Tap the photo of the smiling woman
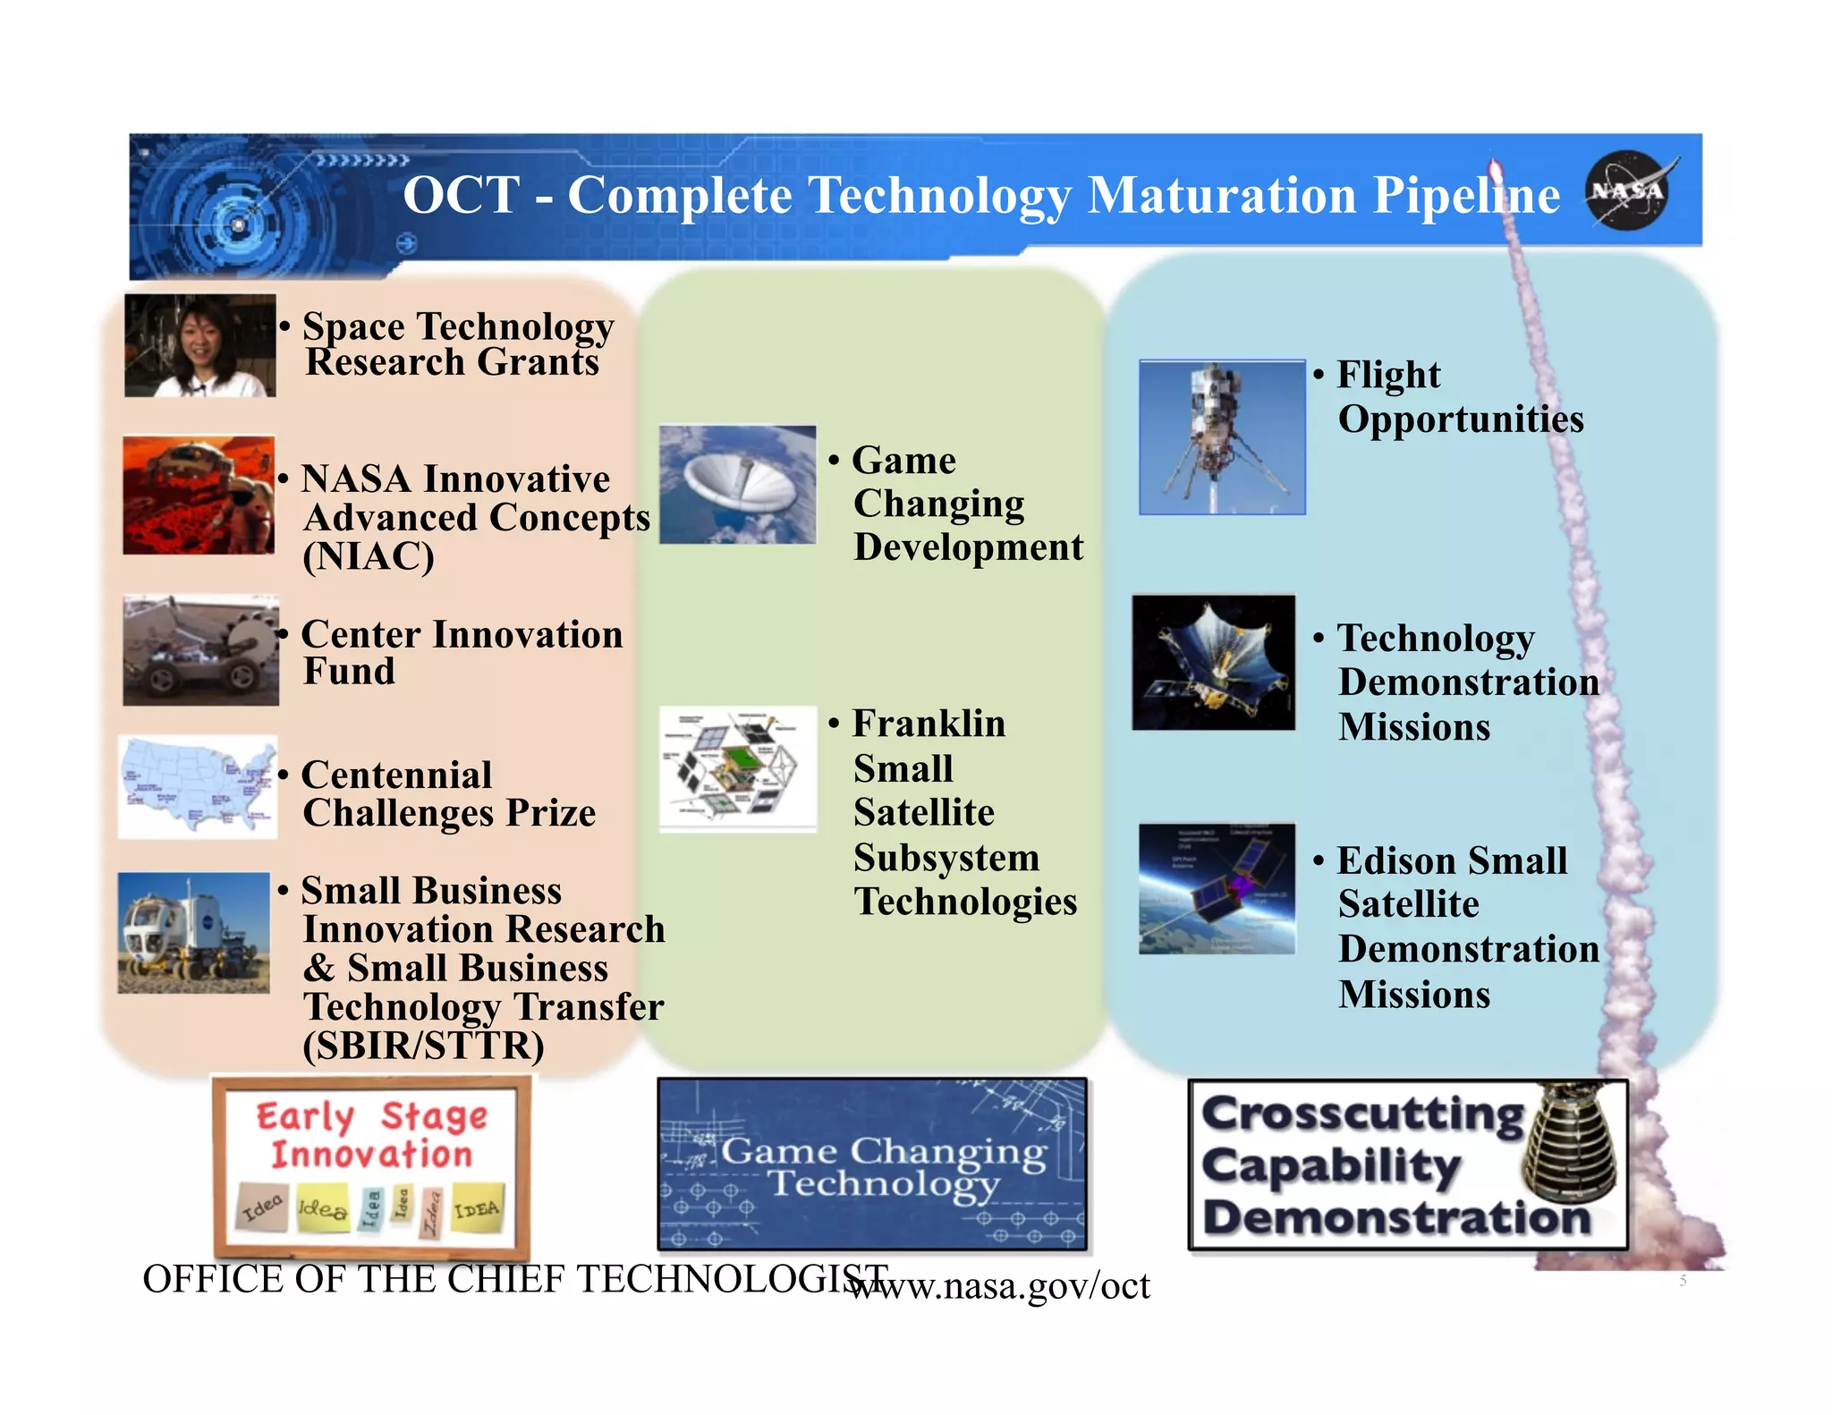coord(200,345)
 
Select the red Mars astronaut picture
coord(199,495)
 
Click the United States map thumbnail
coord(198,787)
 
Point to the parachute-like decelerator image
coord(738,485)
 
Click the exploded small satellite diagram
coord(738,769)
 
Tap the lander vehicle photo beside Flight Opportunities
coord(1222,437)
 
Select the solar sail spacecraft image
coord(1213,663)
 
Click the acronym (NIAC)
coord(369,557)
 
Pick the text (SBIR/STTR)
coord(423,1046)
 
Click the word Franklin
coord(929,724)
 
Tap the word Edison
coord(1396,861)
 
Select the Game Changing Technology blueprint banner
coord(872,1164)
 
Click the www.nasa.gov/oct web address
coord(998,1286)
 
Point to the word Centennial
coord(396,775)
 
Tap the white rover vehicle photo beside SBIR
coord(194,933)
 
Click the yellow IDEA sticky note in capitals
coord(478,1208)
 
